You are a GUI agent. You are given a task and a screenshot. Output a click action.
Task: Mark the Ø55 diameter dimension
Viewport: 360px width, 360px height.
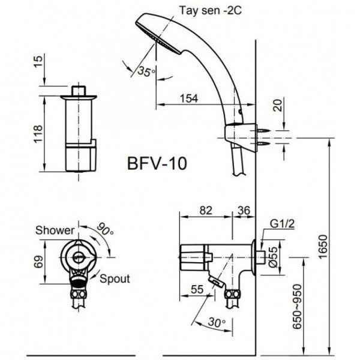274,256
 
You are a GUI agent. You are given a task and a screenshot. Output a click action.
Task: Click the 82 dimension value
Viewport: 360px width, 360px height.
206,210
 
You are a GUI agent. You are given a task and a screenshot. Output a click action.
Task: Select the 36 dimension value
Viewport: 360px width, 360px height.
244,210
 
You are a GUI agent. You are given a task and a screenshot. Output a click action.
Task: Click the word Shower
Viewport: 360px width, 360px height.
55,230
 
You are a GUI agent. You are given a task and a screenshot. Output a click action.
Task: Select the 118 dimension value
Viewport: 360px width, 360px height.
38,133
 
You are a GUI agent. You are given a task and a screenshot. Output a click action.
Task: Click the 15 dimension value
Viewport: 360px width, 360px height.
38,61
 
